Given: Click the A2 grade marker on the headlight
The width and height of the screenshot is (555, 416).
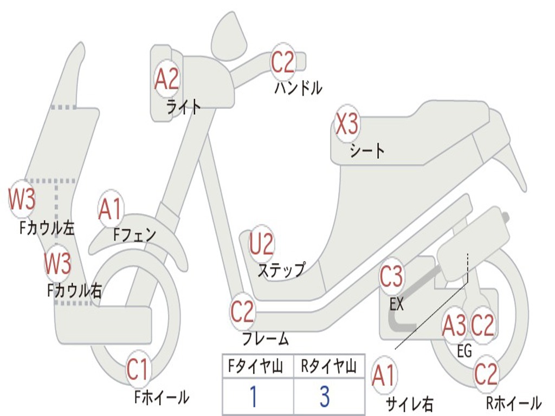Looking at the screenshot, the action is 166,79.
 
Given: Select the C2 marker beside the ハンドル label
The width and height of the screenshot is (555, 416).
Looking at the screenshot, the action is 283,62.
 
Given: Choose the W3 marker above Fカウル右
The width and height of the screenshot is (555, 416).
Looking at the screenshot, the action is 57,264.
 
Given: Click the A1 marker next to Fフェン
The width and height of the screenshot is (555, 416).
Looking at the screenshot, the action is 111,210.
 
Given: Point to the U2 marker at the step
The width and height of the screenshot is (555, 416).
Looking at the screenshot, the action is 261,244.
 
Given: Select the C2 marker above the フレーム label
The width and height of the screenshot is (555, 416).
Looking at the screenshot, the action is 242,311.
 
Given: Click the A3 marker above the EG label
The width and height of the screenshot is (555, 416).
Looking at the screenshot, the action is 454,326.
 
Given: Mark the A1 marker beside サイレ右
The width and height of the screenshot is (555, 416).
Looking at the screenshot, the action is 384,376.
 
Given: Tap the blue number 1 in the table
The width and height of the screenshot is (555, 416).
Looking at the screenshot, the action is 253,396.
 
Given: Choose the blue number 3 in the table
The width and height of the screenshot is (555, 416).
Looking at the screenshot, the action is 325,396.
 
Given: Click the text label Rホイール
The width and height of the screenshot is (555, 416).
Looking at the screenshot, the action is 513,403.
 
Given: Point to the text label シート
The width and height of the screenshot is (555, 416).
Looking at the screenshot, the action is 367,150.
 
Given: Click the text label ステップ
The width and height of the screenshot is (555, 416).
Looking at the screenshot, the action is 281,270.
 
